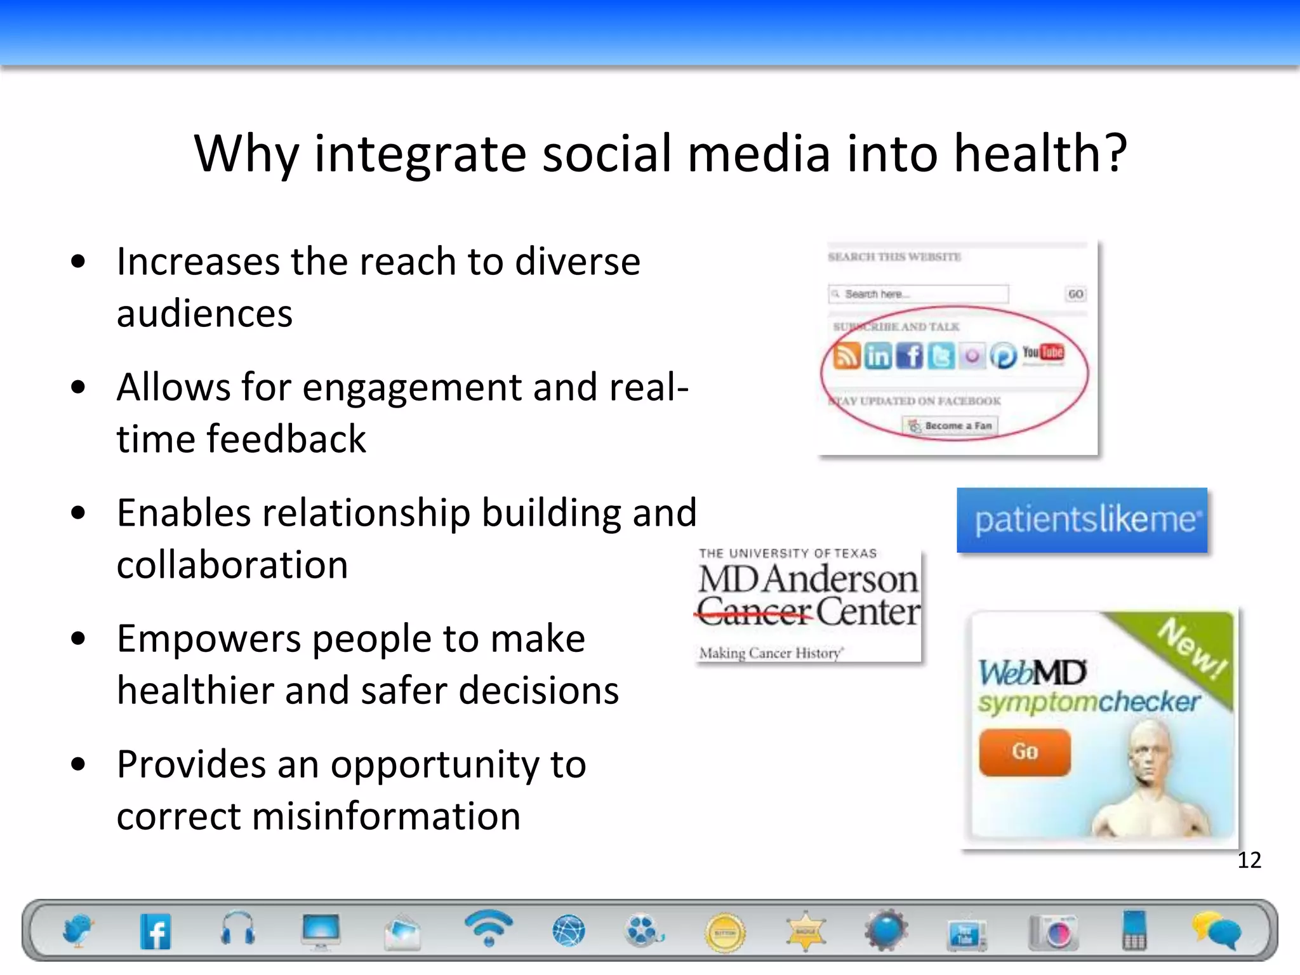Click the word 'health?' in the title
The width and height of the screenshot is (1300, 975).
(1041, 154)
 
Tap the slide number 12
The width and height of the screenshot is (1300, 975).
(1249, 860)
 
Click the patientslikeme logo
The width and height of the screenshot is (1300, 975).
(1082, 521)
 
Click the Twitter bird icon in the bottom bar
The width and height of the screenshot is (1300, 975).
(77, 931)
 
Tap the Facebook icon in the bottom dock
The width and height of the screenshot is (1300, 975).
(156, 931)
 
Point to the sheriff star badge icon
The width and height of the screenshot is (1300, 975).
(806, 931)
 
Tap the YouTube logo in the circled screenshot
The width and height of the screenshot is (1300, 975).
(1042, 353)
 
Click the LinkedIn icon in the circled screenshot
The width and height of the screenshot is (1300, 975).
(878, 356)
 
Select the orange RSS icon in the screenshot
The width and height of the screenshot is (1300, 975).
(846, 356)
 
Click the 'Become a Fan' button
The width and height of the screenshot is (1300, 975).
(950, 426)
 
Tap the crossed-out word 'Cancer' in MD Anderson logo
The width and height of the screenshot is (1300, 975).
(754, 612)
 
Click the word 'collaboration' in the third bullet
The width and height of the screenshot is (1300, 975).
(232, 565)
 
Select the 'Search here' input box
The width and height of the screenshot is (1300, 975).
(918, 294)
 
